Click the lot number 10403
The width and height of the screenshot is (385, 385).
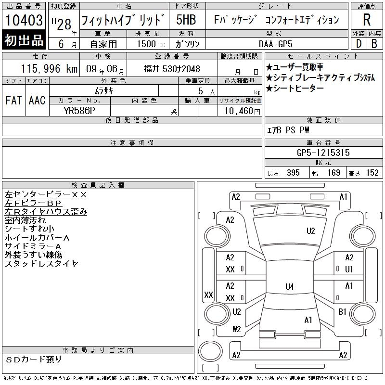point(24,20)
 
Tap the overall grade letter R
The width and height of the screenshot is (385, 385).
point(367,20)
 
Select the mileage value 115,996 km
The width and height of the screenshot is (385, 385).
point(49,68)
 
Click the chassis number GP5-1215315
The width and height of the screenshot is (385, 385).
point(323,153)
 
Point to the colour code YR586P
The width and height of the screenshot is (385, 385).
point(79,111)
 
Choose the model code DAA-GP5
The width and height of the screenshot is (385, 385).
point(275,44)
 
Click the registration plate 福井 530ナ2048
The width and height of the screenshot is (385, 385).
point(172,69)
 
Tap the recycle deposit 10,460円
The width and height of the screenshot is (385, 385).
point(242,111)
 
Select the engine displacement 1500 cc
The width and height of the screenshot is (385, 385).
point(151,44)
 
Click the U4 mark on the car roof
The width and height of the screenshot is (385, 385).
point(290,286)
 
